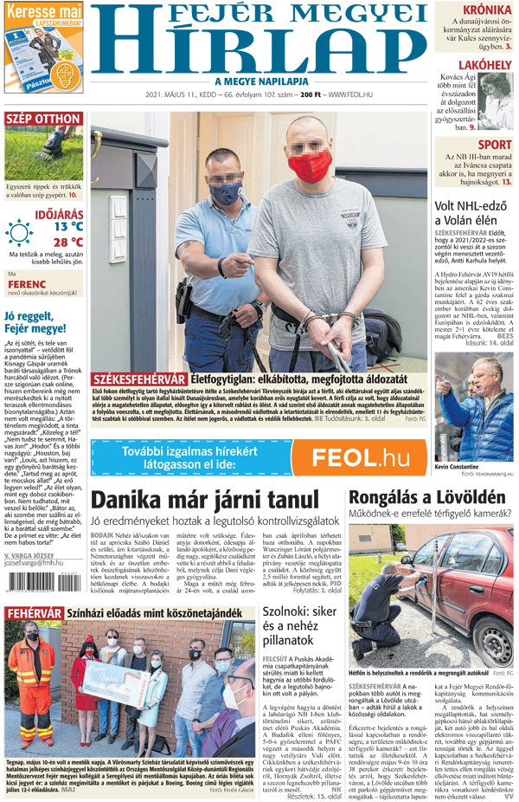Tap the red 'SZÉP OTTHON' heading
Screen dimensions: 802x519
pos(43,119)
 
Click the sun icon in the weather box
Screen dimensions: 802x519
pos(19,232)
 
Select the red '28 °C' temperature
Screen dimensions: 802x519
pos(67,242)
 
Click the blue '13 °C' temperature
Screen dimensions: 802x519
pos(67,226)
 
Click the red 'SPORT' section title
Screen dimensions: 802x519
pos(494,145)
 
